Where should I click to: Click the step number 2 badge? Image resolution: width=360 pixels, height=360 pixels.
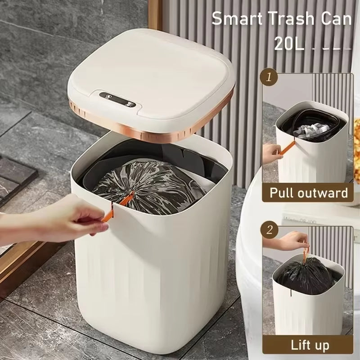tap(270, 230)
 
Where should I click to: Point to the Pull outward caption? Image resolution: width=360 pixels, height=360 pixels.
tap(309, 193)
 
